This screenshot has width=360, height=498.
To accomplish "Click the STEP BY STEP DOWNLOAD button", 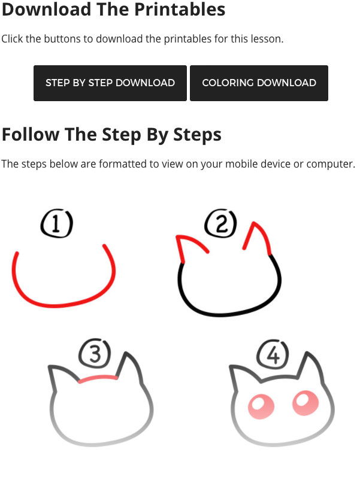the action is point(110,83).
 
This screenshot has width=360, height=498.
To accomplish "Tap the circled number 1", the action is point(56,223).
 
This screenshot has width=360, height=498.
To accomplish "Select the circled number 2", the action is point(220,223).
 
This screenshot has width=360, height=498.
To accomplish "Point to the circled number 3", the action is point(95,353).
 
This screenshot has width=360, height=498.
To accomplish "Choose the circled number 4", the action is point(273,354).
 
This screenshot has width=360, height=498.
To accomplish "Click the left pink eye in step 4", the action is point(261,407).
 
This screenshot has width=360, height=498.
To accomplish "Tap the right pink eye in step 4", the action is point(305,403).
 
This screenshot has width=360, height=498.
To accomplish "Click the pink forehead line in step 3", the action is point(98,376).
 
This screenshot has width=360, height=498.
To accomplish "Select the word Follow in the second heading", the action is point(31,134).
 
